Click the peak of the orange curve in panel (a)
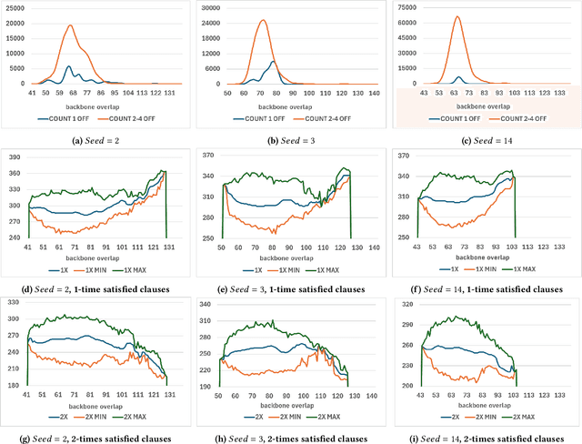[70, 25]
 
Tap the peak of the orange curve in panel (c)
[457, 16]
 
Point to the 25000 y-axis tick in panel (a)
[15, 9]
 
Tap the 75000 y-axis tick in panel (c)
[404, 8]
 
